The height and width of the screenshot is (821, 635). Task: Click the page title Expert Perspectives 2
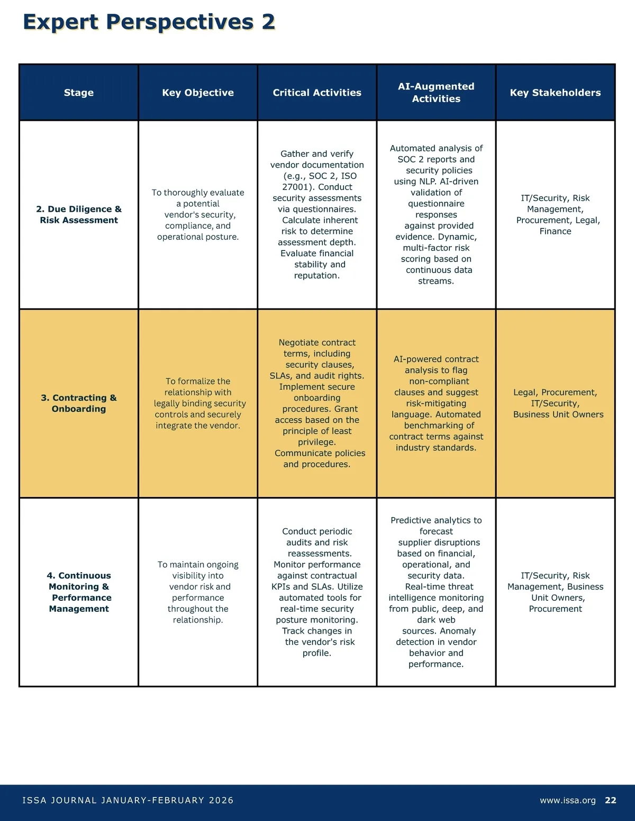tap(149, 22)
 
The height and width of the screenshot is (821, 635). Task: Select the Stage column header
tap(79, 93)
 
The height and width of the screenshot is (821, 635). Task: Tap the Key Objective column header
tap(198, 93)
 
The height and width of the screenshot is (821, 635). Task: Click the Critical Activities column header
tap(317, 93)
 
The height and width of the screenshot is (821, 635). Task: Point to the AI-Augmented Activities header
tap(436, 93)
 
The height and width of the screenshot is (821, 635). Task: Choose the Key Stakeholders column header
tap(555, 93)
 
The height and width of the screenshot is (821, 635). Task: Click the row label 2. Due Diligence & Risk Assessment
tap(79, 214)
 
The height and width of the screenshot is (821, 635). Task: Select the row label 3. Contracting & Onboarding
tap(79, 403)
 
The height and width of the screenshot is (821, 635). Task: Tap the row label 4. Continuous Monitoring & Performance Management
tap(79, 592)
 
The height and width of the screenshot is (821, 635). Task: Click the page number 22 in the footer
tap(611, 800)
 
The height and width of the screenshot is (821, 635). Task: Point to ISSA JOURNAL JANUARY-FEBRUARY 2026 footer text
tap(128, 800)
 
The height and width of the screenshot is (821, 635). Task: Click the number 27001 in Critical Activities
tap(295, 187)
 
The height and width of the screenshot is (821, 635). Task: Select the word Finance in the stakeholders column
tap(555, 231)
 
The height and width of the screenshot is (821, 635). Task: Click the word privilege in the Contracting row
tap(316, 442)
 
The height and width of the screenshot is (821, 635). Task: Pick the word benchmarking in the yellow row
tap(439, 426)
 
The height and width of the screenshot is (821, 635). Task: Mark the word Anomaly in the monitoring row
tap(458, 631)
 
